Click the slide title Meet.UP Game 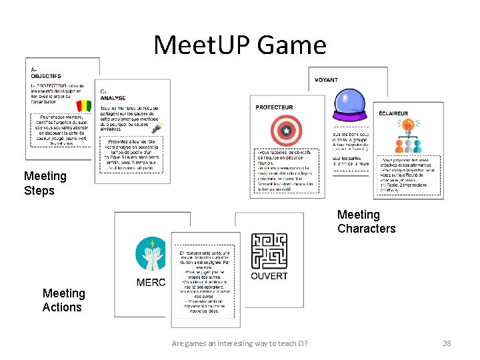pos(240,45)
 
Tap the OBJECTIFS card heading pos(46,76)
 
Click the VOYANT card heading pos(327,80)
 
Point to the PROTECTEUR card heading pos(275,107)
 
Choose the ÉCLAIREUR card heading pos(393,113)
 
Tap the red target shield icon pos(287,131)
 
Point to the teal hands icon pos(151,254)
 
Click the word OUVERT pos(269,276)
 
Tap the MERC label pos(151,283)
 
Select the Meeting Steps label pos(45,183)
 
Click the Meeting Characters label pos(366,221)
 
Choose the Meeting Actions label pos(63,300)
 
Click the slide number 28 pos(447,343)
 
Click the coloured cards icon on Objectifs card pos(85,106)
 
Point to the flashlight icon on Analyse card pos(157,127)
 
